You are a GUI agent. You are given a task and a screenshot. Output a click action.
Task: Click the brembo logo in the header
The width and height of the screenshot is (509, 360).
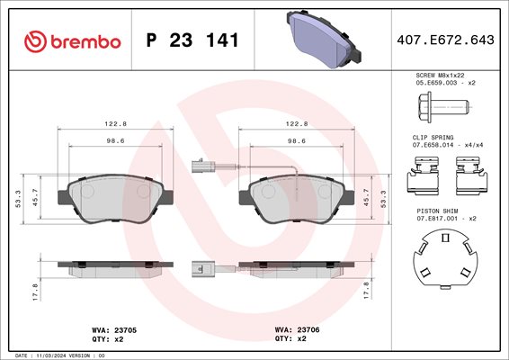[x=72, y=41]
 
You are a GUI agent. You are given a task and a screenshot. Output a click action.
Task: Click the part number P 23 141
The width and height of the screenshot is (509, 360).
[x=192, y=40]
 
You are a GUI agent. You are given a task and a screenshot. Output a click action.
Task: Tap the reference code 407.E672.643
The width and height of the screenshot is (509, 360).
[x=445, y=40]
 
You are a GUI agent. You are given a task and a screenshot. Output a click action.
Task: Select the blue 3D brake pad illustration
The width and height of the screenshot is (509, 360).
[x=324, y=39]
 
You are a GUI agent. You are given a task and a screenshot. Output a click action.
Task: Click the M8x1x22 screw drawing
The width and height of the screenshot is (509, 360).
[x=443, y=107]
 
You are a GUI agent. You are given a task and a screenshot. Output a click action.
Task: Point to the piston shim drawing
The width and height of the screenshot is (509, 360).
[x=445, y=259]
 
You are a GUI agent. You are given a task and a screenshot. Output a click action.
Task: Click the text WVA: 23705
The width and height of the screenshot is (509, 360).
[x=114, y=330]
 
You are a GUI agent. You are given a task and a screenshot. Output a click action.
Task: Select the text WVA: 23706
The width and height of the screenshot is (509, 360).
[x=297, y=329]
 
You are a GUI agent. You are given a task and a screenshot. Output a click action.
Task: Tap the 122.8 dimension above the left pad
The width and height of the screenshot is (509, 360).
[x=115, y=124]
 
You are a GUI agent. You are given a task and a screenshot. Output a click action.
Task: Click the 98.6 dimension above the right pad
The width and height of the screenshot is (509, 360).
[x=297, y=141]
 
